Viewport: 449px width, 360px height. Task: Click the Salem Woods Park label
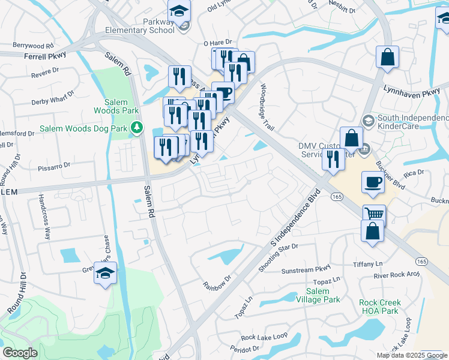pos(116,106)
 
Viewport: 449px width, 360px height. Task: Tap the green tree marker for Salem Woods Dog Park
pos(137,127)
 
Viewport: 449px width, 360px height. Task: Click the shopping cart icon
pos(374,214)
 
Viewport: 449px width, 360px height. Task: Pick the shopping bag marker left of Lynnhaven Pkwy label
pos(388,58)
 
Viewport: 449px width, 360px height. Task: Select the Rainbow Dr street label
pos(217,280)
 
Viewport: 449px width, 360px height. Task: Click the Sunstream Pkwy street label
pos(307,269)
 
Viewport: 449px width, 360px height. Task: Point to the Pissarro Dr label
pos(55,164)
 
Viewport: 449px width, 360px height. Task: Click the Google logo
pos(20,353)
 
